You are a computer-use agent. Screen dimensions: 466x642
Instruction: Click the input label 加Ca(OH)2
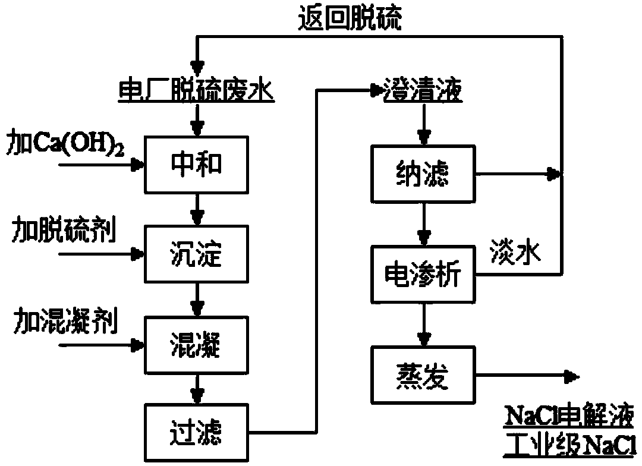tap(65, 143)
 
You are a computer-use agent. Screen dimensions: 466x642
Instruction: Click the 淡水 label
tap(515, 253)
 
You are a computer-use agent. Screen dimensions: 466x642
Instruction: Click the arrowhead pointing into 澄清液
tap(376, 90)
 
